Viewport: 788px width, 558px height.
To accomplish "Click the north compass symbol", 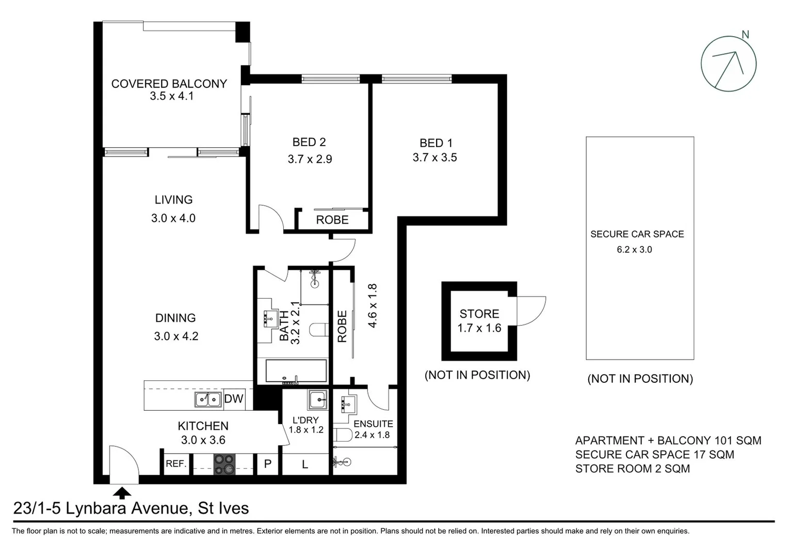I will click(728, 64).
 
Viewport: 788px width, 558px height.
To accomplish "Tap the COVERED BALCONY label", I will click(169, 84).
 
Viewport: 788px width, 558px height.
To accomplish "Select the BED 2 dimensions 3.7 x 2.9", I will click(310, 159).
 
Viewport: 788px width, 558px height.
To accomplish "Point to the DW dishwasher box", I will click(234, 399).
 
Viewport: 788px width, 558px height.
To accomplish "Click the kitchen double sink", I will click(208, 399).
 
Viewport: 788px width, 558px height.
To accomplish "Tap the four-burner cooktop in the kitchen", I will click(224, 464).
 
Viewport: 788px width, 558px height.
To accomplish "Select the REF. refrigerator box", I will click(176, 464).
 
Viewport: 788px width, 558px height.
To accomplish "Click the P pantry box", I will click(267, 464).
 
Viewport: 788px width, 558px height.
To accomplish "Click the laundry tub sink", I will click(317, 400).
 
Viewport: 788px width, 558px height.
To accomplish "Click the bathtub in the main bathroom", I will click(296, 371).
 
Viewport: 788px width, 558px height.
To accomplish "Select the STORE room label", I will click(479, 314).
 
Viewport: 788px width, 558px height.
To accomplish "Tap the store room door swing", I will click(532, 311).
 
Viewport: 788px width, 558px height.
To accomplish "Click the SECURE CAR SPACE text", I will click(637, 234).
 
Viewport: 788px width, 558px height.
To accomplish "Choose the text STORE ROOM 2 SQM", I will click(632, 469).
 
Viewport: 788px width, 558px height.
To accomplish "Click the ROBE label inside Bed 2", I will click(332, 220).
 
